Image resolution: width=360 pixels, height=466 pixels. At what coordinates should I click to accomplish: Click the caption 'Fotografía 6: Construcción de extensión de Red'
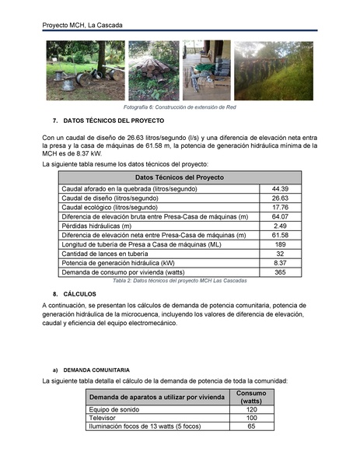[180, 106]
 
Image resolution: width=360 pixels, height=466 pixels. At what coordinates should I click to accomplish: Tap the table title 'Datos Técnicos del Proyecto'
[179, 178]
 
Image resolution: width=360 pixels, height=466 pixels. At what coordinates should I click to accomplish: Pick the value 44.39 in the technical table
[280, 189]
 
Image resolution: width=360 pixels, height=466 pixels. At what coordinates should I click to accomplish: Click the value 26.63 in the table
[280, 198]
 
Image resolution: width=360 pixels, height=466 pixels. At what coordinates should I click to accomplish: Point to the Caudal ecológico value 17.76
[280, 208]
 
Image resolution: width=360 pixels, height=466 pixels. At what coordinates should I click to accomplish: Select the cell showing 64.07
[280, 217]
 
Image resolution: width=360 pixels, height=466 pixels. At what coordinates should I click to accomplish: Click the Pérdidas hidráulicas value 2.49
[280, 226]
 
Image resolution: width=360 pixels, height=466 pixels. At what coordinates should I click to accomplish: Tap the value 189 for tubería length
[280, 244]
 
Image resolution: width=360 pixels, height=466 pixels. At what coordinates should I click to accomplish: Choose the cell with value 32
[280, 254]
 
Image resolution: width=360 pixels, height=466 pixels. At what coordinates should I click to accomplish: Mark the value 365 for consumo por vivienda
[280, 272]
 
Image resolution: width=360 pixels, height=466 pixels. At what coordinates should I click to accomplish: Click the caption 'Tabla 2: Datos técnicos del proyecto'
[180, 280]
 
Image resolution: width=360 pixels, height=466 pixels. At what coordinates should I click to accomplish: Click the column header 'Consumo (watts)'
[251, 397]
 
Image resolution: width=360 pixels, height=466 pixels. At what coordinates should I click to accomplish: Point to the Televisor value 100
[251, 418]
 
